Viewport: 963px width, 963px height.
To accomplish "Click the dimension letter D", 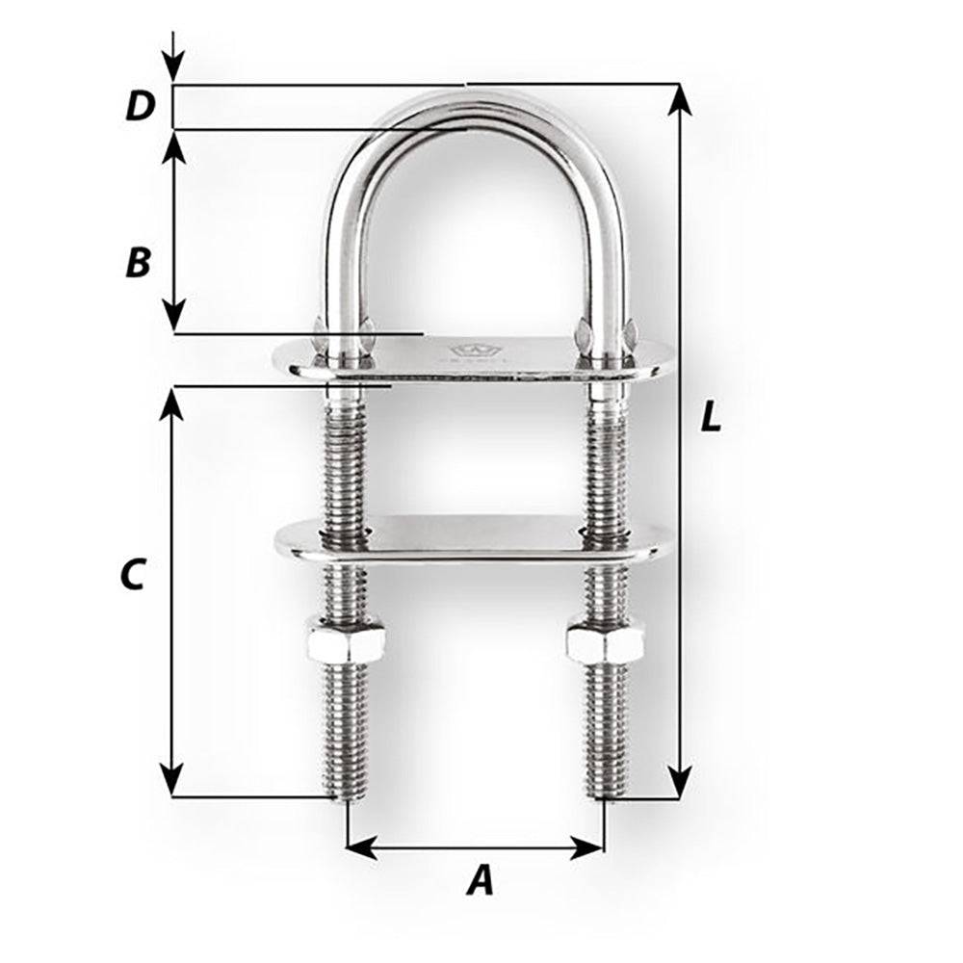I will tap(141, 107).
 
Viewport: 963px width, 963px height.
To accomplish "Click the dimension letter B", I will tap(139, 262).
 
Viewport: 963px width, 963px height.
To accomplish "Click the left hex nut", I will tap(346, 638).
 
